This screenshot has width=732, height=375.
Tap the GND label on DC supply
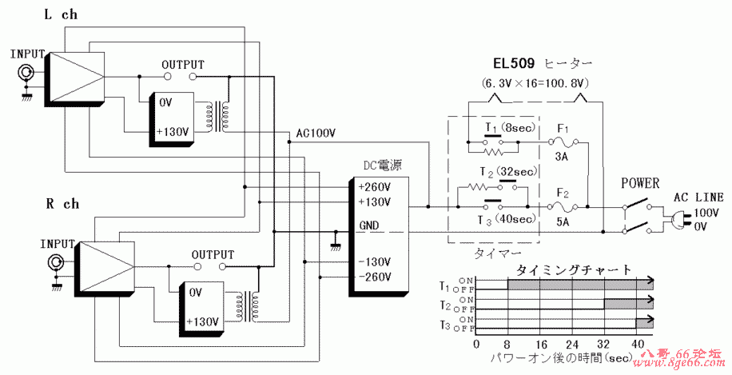tap(370, 225)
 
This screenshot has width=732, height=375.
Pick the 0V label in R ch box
tap(197, 293)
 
